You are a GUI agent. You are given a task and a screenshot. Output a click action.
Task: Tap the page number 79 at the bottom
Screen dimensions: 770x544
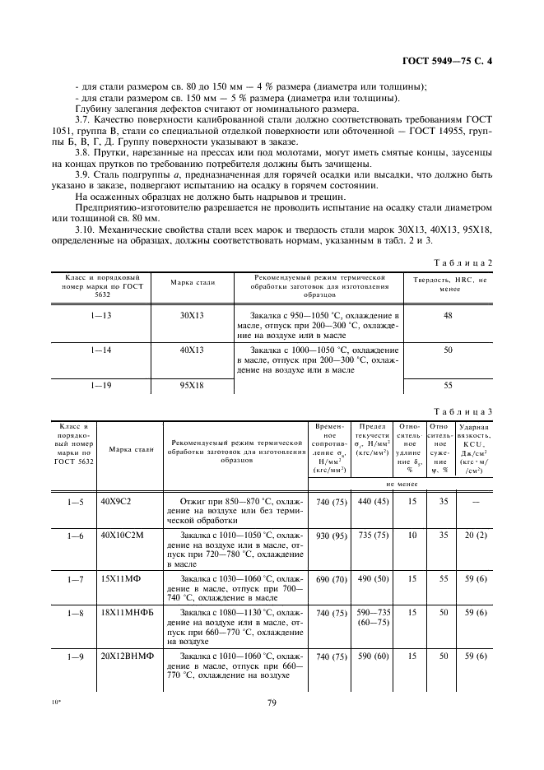click(272, 702)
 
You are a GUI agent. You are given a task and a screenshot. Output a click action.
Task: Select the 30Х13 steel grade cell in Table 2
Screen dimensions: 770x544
click(192, 315)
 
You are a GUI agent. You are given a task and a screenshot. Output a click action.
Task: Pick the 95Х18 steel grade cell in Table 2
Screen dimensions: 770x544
click(192, 384)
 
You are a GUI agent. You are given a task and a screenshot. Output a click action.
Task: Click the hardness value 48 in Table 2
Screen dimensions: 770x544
click(449, 315)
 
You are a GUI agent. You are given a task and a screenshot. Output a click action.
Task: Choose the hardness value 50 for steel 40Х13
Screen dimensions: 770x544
click(449, 350)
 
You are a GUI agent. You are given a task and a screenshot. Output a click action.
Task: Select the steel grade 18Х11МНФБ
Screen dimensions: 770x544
click(125, 613)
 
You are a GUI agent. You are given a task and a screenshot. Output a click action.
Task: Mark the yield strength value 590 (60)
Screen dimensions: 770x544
click(372, 657)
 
